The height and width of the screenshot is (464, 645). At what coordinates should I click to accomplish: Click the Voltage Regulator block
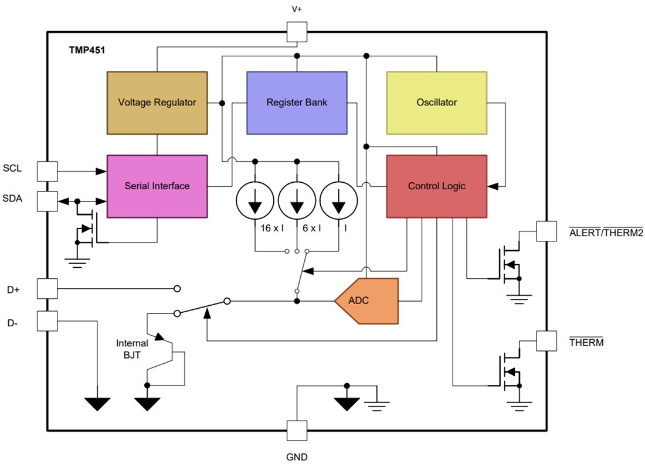tap(157, 103)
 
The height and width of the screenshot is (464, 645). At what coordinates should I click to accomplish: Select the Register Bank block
tap(297, 103)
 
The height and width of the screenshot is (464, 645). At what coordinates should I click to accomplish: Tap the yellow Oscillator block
tap(436, 103)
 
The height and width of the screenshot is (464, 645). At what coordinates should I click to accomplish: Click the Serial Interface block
tap(157, 186)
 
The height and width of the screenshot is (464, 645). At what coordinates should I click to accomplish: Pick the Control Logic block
tap(436, 186)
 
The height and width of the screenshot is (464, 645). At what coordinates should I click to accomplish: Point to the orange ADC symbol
tap(366, 301)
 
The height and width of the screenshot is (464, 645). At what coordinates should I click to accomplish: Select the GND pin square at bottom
tap(297, 431)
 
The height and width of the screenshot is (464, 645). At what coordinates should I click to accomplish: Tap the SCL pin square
tap(47, 171)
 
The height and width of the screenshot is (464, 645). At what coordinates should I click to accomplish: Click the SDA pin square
tap(47, 201)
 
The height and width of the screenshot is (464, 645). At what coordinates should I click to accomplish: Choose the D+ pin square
tap(47, 288)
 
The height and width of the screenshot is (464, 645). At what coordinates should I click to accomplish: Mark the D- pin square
tap(47, 320)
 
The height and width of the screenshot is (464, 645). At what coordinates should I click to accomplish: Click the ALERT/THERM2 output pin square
tap(546, 231)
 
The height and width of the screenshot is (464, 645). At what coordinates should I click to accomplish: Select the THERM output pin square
tap(546, 341)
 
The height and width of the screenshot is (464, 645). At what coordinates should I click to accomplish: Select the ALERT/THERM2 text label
tap(606, 232)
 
